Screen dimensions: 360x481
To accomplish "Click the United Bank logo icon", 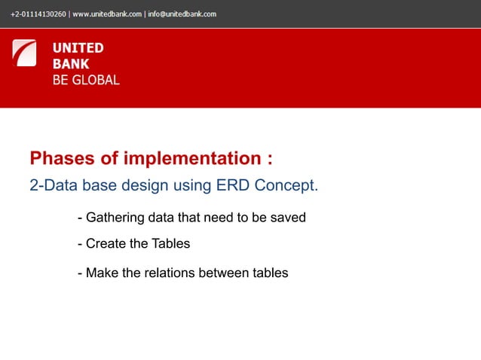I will click(x=24, y=53).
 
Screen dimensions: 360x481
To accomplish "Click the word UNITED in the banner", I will click(x=78, y=48).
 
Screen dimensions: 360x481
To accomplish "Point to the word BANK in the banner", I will click(x=70, y=64).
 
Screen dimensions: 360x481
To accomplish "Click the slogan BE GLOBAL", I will click(x=85, y=80).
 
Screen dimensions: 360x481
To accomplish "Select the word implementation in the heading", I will click(x=188, y=159).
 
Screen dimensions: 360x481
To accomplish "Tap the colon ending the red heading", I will click(x=268, y=160).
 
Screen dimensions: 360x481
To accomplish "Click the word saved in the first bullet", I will click(x=289, y=218).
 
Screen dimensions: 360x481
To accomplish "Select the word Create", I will click(x=105, y=244).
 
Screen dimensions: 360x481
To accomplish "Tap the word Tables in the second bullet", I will click(x=170, y=244).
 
